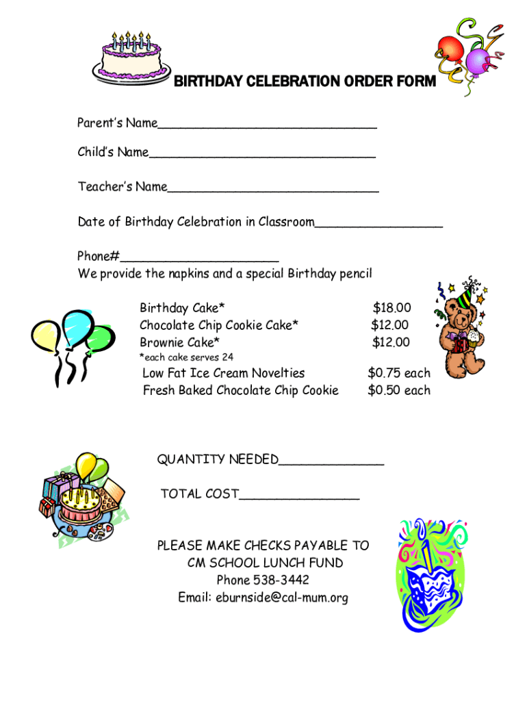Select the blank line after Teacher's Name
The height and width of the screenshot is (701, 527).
point(273,190)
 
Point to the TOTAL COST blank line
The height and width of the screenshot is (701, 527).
point(299,497)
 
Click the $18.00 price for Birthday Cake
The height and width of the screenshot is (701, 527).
point(391,308)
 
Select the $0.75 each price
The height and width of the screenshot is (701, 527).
point(399,373)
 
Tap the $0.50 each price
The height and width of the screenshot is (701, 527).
point(399,390)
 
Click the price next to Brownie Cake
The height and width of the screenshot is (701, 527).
point(391,342)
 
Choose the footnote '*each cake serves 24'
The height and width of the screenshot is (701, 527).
point(186,357)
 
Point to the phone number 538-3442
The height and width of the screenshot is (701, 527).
point(281,581)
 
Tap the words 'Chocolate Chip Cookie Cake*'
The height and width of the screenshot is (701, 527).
point(219,325)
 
